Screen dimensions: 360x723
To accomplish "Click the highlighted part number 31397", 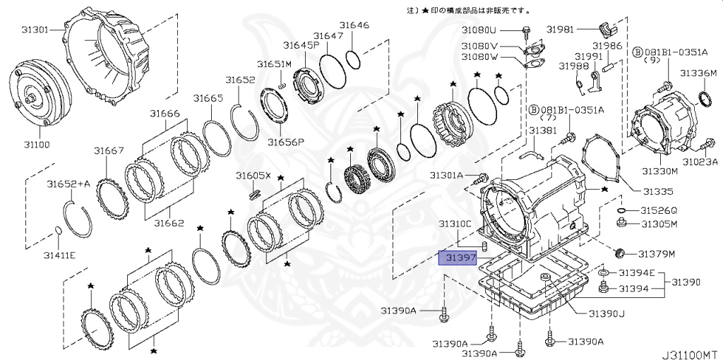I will click(x=458, y=258).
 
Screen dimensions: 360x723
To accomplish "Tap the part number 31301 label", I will click(x=35, y=30).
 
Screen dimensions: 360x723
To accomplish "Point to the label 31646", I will click(x=354, y=25).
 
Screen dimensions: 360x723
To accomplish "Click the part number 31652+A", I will click(x=68, y=184).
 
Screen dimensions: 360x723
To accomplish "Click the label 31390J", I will click(x=602, y=313).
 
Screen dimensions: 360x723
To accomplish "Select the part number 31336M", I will click(x=698, y=73).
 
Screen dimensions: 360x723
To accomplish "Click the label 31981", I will click(x=561, y=30).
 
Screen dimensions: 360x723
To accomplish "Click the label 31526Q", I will click(x=658, y=210).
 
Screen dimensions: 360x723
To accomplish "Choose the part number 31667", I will click(x=109, y=150).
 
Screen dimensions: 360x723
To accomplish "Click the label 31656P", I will click(x=285, y=141).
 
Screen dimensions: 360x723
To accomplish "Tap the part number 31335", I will click(x=657, y=191).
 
